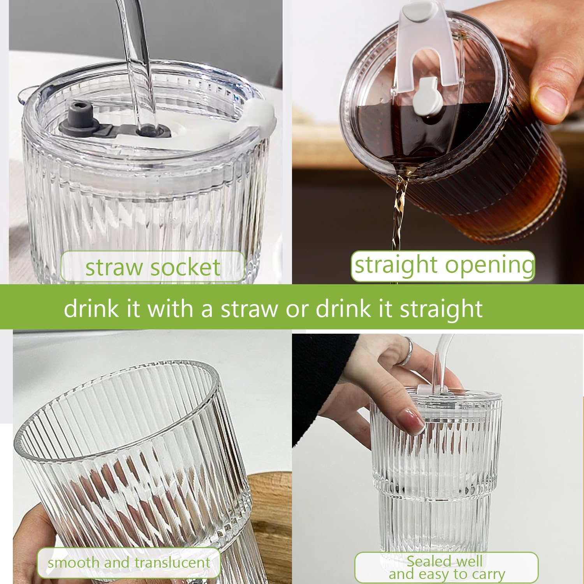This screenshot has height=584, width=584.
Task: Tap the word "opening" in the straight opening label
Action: pyautogui.click(x=490, y=265)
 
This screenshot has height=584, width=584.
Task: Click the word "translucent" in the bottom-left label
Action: pyautogui.click(x=170, y=562)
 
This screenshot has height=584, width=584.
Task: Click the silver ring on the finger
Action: pyautogui.click(x=406, y=351)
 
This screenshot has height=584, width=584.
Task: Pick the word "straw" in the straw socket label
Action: pyautogui.click(x=114, y=267)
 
